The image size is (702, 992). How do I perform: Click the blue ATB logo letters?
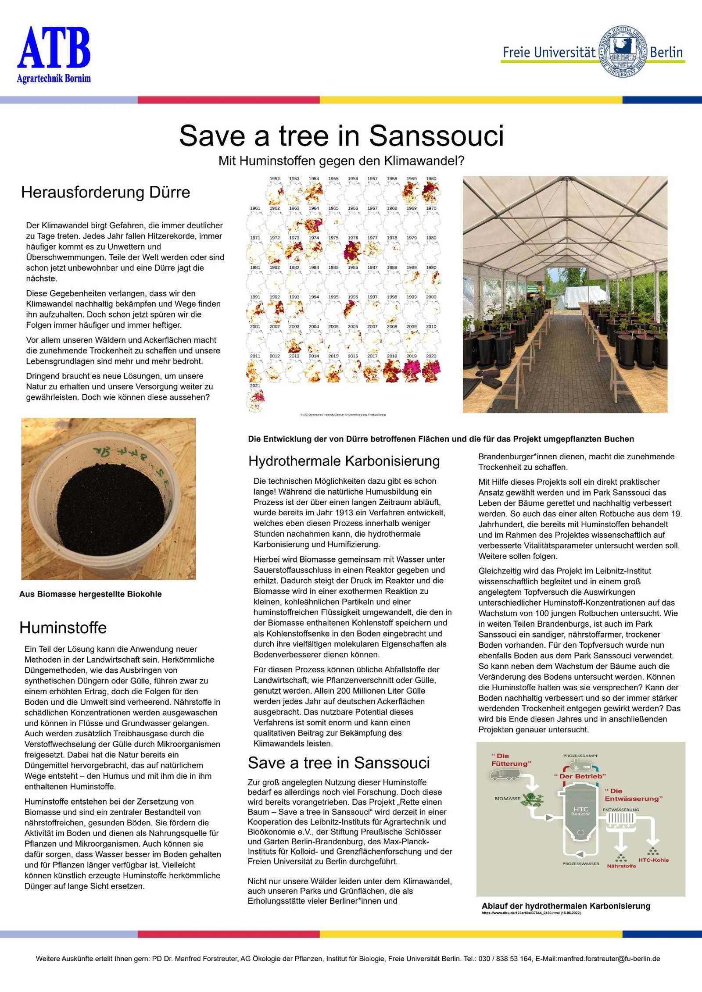(54, 48)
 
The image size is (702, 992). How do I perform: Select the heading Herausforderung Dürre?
(105, 193)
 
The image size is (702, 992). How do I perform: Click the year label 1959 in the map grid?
(411, 179)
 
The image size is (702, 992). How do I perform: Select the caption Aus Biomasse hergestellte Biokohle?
(90, 594)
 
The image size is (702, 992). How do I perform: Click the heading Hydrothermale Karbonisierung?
(344, 461)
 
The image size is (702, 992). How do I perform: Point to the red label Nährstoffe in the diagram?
(621, 866)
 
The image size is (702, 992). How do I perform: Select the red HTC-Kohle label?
(653, 860)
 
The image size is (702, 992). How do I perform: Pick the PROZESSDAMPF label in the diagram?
(580, 756)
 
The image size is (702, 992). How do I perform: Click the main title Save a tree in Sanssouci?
(341, 136)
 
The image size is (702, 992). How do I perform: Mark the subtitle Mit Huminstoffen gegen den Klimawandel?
(341, 161)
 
